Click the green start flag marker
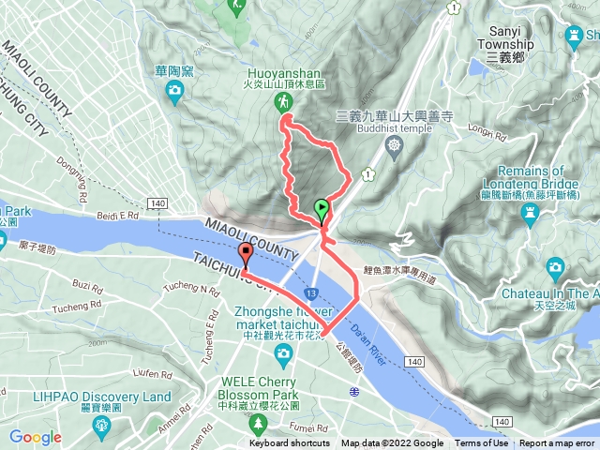click(x=322, y=209)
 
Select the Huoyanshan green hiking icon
click(x=280, y=101)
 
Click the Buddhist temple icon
click(x=393, y=144)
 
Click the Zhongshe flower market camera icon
click(x=283, y=352)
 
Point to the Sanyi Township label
click(x=505, y=44)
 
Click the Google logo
click(x=35, y=437)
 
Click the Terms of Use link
click(x=479, y=443)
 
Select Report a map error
click(x=559, y=443)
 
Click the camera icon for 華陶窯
click(x=174, y=90)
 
